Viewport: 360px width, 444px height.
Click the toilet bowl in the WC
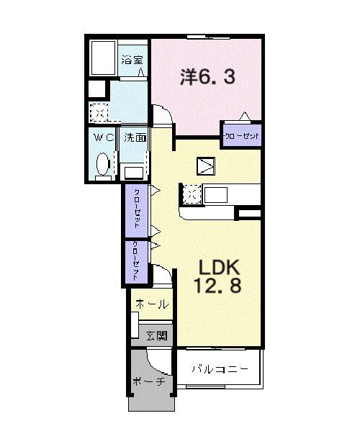point(102,163)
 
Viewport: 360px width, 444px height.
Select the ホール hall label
point(151,303)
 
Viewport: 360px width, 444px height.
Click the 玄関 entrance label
point(156,335)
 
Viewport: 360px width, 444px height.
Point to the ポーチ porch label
point(148,381)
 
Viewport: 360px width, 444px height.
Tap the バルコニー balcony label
point(220,368)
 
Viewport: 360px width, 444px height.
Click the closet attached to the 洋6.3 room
point(240,135)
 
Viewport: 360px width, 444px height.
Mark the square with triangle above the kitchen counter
point(207,166)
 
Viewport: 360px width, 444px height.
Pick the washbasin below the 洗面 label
point(134,171)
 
